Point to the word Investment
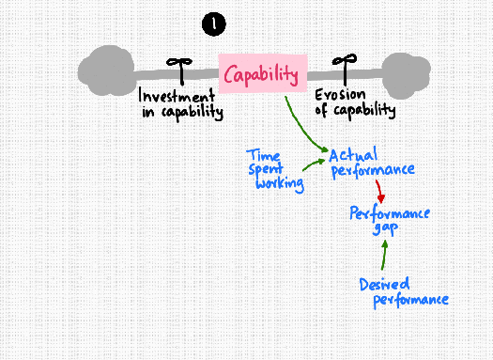[177, 96]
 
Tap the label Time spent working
[275, 168]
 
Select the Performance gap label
[390, 221]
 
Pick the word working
[280, 183]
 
